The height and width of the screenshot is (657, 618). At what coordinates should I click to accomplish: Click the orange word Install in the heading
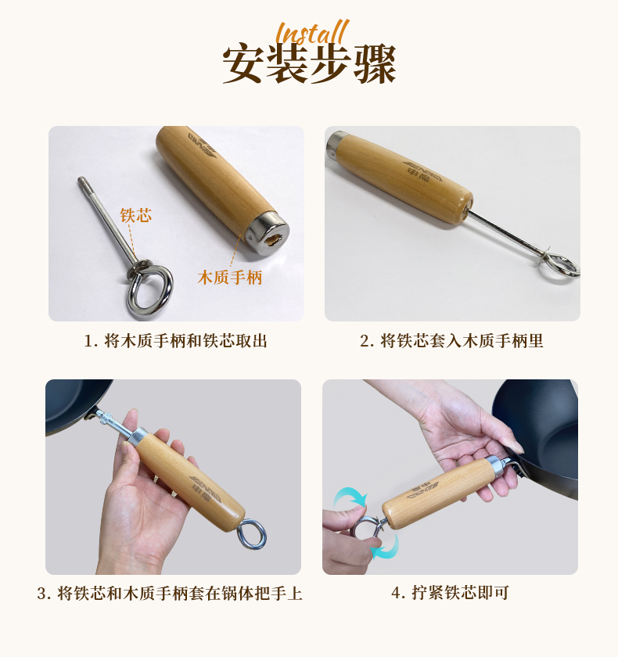pos(312,32)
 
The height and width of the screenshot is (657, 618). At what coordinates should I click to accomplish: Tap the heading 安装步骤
pos(309,64)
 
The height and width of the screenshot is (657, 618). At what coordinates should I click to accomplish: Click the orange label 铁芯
pos(136,215)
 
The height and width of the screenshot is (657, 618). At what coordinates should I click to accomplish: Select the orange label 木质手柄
pos(230,278)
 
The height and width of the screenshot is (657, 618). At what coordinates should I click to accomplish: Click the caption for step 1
pos(175,341)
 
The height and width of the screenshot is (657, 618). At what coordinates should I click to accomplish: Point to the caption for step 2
pos(451,341)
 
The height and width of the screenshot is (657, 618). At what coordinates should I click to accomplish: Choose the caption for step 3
pos(170,594)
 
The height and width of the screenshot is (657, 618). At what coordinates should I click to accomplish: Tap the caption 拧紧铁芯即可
pos(450,593)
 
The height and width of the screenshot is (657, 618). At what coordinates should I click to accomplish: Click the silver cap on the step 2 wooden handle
pos(337,144)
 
